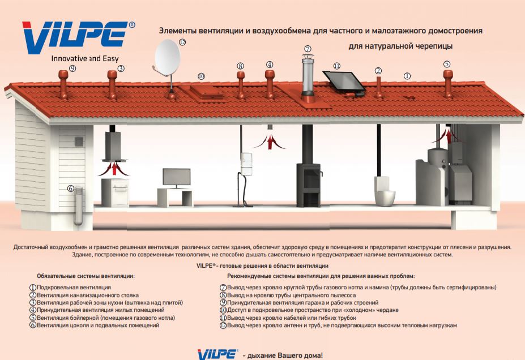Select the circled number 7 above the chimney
tap(308, 49)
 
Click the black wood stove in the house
tap(309, 185)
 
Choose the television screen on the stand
tap(177, 177)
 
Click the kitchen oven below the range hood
tap(115, 192)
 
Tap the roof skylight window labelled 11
tap(344, 82)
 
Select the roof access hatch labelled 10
tap(206, 92)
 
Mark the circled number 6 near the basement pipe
tap(71, 188)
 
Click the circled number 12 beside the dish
tap(182, 42)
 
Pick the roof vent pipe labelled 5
tap(447, 84)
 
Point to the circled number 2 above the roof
tap(378, 71)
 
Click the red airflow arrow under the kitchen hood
tap(114, 168)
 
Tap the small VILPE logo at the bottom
tap(217, 354)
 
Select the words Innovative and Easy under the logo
tap(85, 58)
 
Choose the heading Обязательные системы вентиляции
tap(86, 276)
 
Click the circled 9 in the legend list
tap(223, 303)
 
